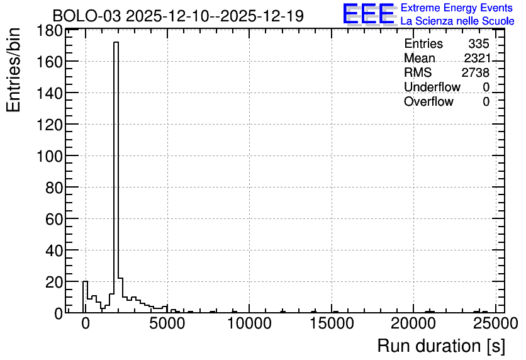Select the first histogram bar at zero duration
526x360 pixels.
tap(85, 297)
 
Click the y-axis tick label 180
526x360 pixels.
tap(49, 31)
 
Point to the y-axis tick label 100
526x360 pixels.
tap(49, 156)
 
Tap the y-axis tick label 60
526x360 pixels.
tap(54, 220)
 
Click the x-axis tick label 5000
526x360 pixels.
tap(167, 323)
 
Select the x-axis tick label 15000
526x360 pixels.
tap(332, 323)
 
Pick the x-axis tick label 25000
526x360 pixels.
tap(496, 323)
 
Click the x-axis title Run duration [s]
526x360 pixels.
tap(441, 346)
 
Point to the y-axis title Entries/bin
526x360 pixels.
tap(13, 70)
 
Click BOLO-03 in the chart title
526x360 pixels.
tap(87, 16)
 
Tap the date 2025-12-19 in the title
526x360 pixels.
tap(262, 16)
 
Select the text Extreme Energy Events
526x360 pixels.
tap(457, 8)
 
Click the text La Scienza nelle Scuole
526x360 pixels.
tap(457, 21)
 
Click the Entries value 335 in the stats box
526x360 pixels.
tap(479, 43)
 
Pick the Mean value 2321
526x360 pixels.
tap(477, 58)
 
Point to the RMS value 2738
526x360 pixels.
tap(476, 72)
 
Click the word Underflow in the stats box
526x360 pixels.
tap(432, 87)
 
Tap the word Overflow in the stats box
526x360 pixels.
tap(428, 101)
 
